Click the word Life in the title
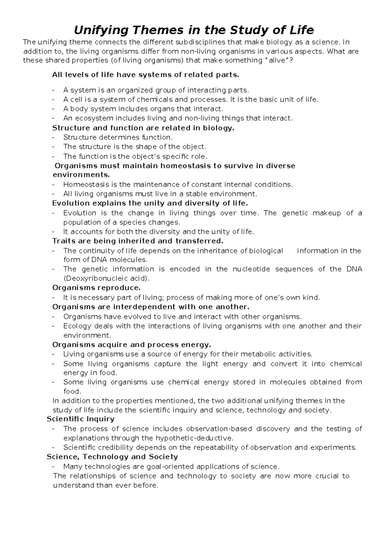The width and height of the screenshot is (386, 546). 302,30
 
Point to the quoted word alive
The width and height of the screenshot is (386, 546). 279,61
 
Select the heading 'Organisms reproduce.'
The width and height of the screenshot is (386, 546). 96,287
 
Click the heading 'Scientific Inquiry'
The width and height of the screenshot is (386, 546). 80,419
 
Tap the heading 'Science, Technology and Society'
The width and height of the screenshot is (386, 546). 112,457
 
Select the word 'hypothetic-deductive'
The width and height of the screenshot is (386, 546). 193,438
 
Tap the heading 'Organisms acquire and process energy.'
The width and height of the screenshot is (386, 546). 132,345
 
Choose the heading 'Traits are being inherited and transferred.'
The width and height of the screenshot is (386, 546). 137,241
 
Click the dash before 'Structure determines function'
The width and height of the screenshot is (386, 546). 53,137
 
